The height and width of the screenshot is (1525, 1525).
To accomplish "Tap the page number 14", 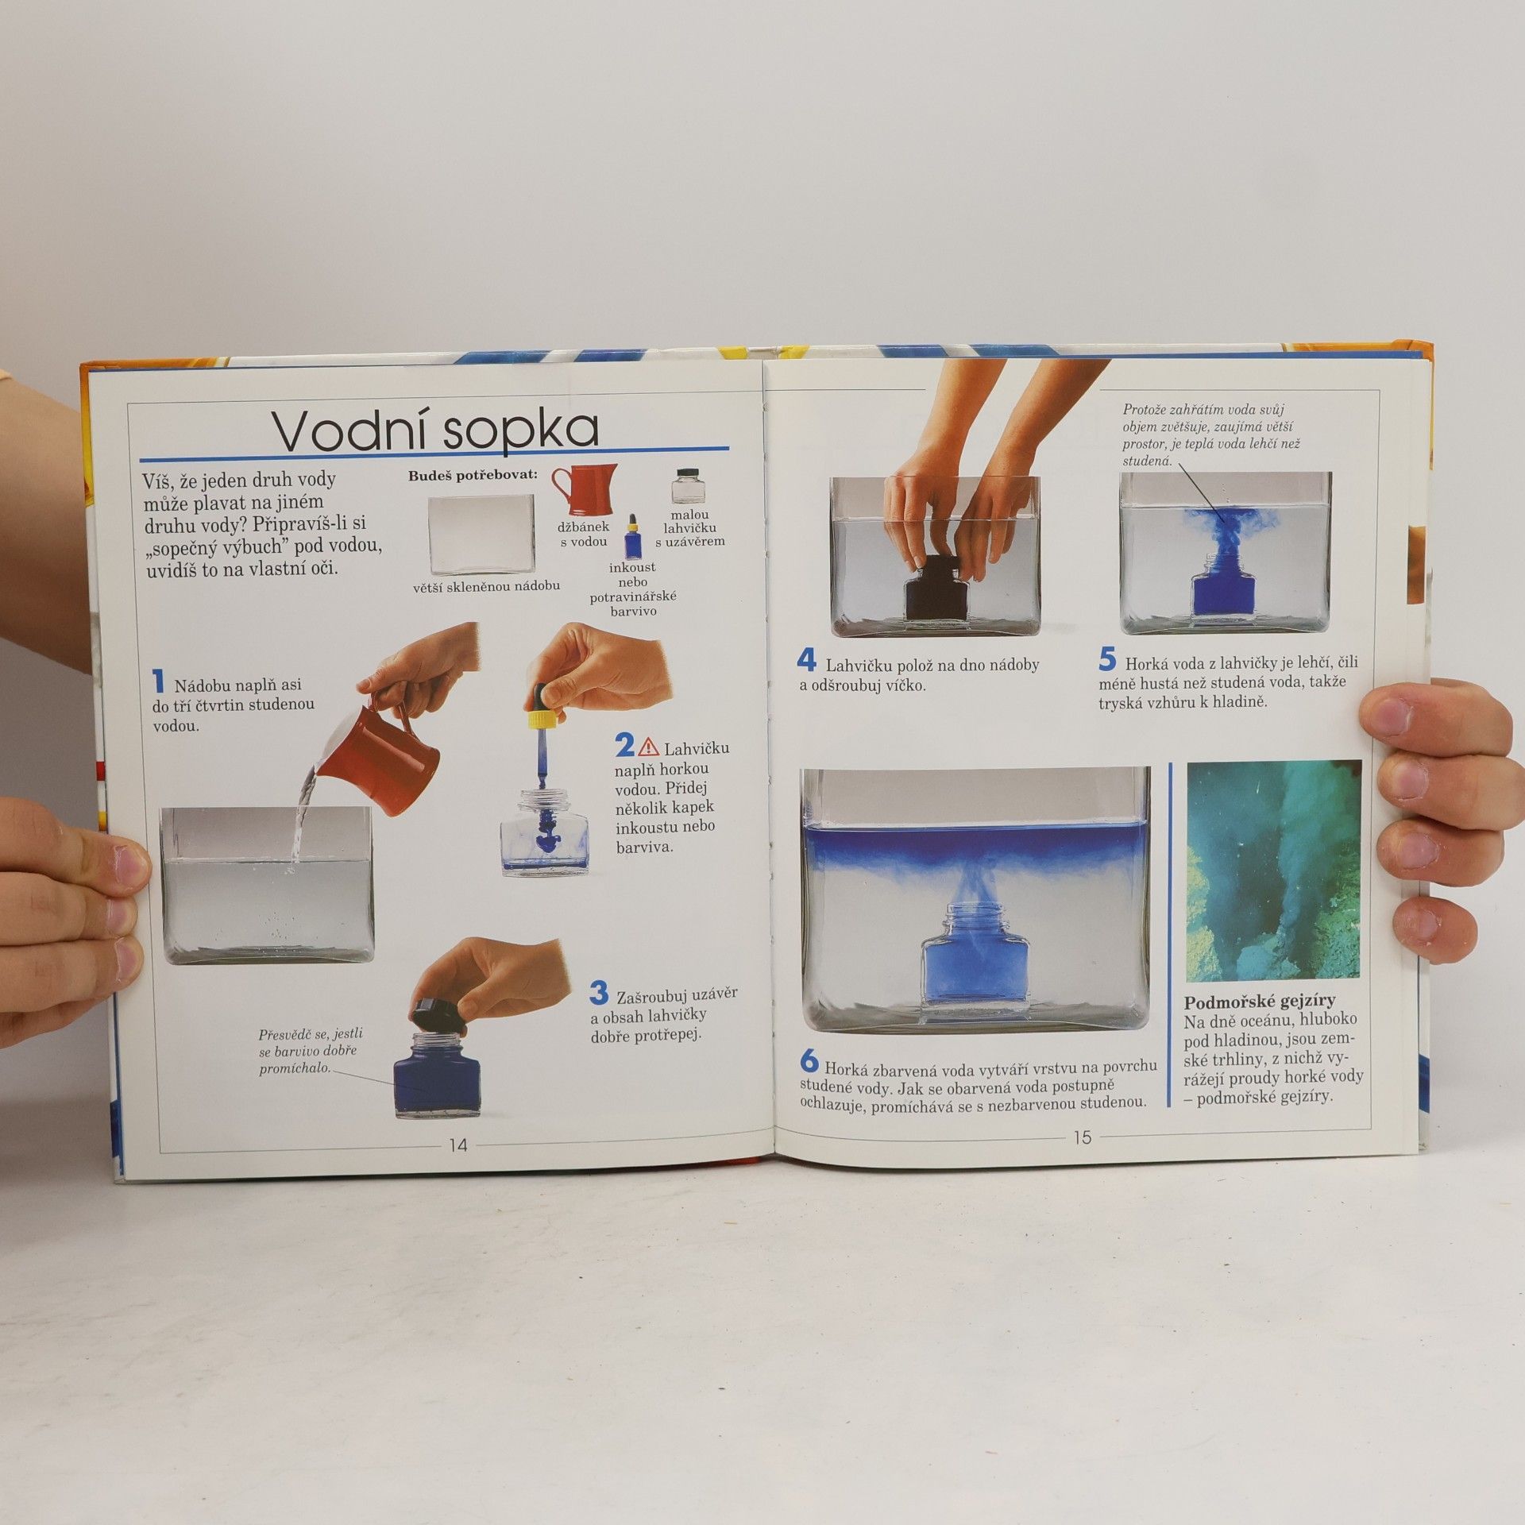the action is tap(458, 1145).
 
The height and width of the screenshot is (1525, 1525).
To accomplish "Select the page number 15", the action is tap(1082, 1137).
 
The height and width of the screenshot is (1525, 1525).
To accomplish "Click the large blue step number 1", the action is tap(159, 681).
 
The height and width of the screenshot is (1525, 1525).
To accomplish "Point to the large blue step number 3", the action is tap(599, 993).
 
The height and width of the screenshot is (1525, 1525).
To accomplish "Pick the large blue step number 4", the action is tap(807, 661).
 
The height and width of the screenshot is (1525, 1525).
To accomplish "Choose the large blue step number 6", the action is tap(809, 1060).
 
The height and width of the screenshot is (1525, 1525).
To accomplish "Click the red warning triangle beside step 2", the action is tap(649, 746).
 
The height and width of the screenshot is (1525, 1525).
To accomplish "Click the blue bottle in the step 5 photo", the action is tap(1223, 594).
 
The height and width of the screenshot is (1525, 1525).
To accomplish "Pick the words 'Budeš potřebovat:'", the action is tap(473, 475).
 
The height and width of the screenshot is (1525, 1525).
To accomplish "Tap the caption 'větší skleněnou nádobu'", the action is tap(486, 586).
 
